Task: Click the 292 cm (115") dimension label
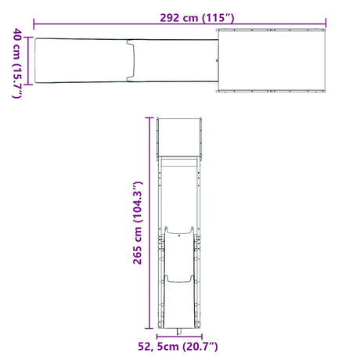click(197, 18)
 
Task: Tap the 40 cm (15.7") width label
click(17, 63)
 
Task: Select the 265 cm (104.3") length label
click(138, 223)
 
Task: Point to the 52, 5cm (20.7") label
click(178, 347)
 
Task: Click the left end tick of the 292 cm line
click(34, 24)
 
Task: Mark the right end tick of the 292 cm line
click(326, 23)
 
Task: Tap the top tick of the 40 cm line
click(28, 38)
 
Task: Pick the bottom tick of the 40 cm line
click(28, 85)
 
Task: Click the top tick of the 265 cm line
click(149, 118)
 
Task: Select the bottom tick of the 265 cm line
click(149, 328)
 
